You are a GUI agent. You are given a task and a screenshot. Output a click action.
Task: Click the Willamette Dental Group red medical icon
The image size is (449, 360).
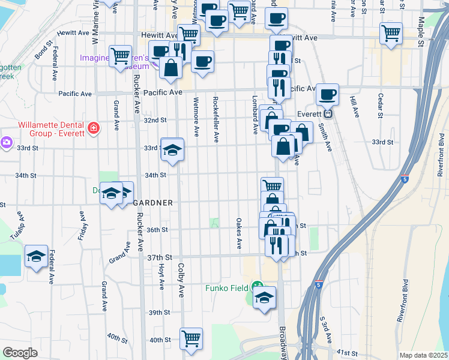93,128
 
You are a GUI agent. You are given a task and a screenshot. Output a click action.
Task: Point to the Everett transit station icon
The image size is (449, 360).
328,113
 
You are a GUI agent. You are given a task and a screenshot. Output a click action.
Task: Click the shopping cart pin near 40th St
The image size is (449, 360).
191,338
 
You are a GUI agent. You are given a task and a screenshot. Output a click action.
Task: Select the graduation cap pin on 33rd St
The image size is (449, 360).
172,149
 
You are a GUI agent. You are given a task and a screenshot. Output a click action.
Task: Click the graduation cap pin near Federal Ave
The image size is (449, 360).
37,257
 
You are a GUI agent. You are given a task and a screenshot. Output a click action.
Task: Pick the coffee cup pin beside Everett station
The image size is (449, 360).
327,94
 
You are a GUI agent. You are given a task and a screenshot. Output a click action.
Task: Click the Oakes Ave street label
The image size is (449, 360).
238,233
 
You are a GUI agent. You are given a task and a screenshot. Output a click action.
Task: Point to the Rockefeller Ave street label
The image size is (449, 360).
215,115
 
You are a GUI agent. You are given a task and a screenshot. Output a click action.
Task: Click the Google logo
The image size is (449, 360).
20,353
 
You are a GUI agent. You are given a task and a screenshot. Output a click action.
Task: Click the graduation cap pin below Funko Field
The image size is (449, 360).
264,296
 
